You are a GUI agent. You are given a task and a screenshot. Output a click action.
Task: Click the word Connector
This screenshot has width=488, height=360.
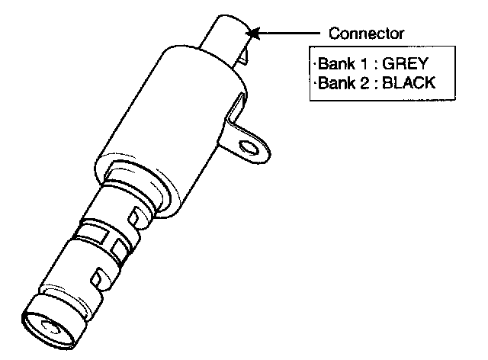tap(366, 34)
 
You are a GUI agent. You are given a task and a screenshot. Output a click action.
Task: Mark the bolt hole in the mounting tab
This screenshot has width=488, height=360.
tap(248, 144)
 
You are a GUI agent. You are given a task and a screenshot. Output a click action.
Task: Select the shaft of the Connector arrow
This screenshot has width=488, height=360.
tap(290, 34)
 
